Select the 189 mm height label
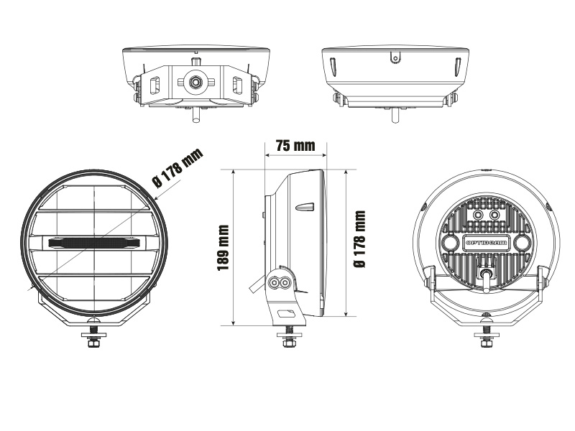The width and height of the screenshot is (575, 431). (223, 248)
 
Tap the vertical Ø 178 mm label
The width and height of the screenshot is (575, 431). (360, 240)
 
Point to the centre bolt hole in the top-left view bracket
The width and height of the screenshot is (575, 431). (194, 83)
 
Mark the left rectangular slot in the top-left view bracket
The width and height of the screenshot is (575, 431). (154, 85)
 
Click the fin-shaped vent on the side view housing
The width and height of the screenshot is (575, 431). (303, 207)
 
